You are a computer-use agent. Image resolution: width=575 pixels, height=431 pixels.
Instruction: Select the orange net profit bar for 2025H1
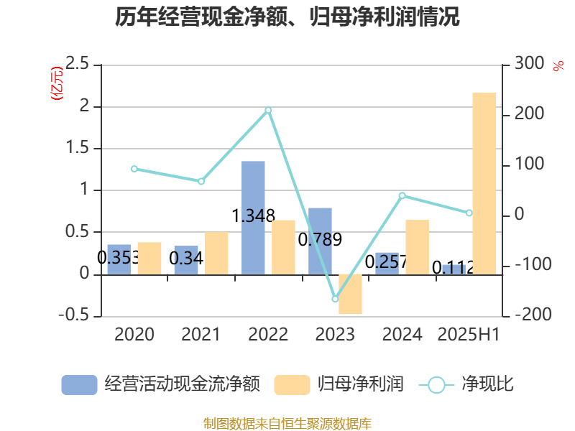pos(484,183)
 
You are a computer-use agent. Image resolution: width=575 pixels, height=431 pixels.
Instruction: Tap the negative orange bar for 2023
pos(350,295)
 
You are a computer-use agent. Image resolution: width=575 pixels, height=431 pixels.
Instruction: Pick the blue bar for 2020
pos(119,259)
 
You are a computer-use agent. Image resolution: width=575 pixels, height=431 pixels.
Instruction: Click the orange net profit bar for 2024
pos(417,246)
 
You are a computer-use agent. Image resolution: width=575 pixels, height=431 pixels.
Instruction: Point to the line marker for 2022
pos(268,110)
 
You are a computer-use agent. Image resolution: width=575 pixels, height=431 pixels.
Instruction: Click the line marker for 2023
pos(335,299)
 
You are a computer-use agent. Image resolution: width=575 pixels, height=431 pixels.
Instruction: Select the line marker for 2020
pos(134,169)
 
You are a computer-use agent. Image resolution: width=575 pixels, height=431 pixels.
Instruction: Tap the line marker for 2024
pos(402,195)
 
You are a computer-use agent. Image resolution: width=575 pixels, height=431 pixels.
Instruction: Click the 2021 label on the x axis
pos(201,334)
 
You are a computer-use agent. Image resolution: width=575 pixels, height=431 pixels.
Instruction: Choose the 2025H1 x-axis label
pos(469,334)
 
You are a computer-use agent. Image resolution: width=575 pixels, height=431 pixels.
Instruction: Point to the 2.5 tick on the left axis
pos(77,65)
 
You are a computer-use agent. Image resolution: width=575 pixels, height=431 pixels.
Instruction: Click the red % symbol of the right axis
pos(558,66)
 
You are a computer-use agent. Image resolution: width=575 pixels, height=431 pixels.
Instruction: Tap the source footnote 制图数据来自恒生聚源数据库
pos(287,423)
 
